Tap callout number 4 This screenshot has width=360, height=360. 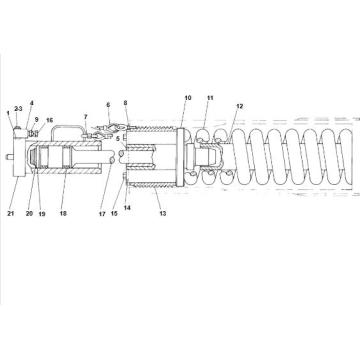pyautogui.click(x=32, y=103)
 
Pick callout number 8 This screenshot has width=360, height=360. pyautogui.click(x=126, y=103)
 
